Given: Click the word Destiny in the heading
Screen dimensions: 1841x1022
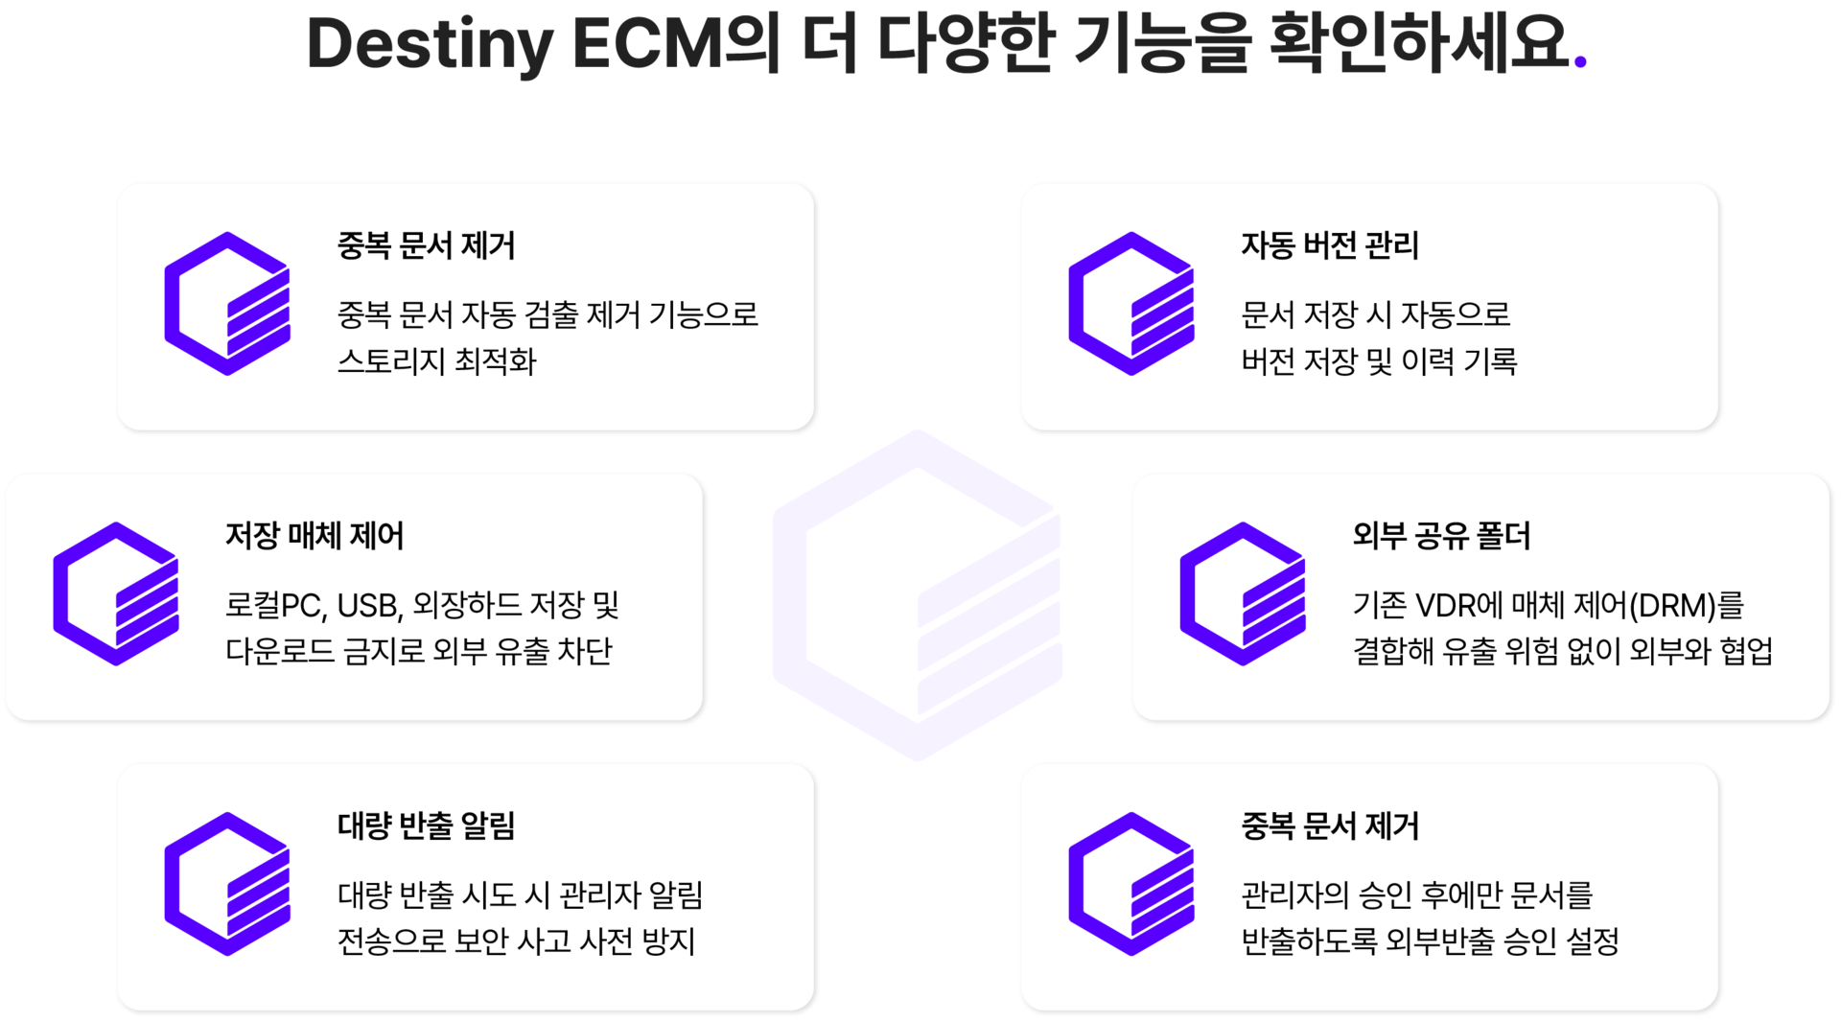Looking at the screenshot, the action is coord(430,44).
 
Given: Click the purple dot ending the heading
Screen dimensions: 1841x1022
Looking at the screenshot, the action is coord(1581,61).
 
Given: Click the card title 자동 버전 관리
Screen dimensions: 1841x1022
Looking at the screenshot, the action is coord(1330,245).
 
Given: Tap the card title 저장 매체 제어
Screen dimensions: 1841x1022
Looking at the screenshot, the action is coord(315,535).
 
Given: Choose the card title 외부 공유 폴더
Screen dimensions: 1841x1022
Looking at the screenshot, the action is coord(1441,535).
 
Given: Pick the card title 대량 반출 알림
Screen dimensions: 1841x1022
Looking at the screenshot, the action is coord(426,825).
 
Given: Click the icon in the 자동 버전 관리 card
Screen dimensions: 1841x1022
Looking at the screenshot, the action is coord(1131,303).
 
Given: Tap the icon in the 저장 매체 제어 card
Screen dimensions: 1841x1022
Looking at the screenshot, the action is coord(116,593).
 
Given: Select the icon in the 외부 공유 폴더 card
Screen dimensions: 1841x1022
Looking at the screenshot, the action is coord(1243,593).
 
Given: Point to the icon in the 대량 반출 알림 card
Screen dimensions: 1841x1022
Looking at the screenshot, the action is coord(227,884).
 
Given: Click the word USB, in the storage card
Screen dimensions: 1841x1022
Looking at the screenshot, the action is coord(370,606).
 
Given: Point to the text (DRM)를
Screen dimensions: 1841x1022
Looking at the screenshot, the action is coord(1687,606).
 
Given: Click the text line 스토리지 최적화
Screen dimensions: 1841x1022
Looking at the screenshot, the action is coord(436,361).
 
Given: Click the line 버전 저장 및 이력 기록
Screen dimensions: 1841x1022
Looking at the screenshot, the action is coord(1379,361).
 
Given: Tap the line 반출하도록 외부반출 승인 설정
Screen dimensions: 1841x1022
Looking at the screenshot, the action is coord(1430,941).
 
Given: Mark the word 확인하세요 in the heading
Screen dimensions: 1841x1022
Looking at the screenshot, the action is coord(1419,44).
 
